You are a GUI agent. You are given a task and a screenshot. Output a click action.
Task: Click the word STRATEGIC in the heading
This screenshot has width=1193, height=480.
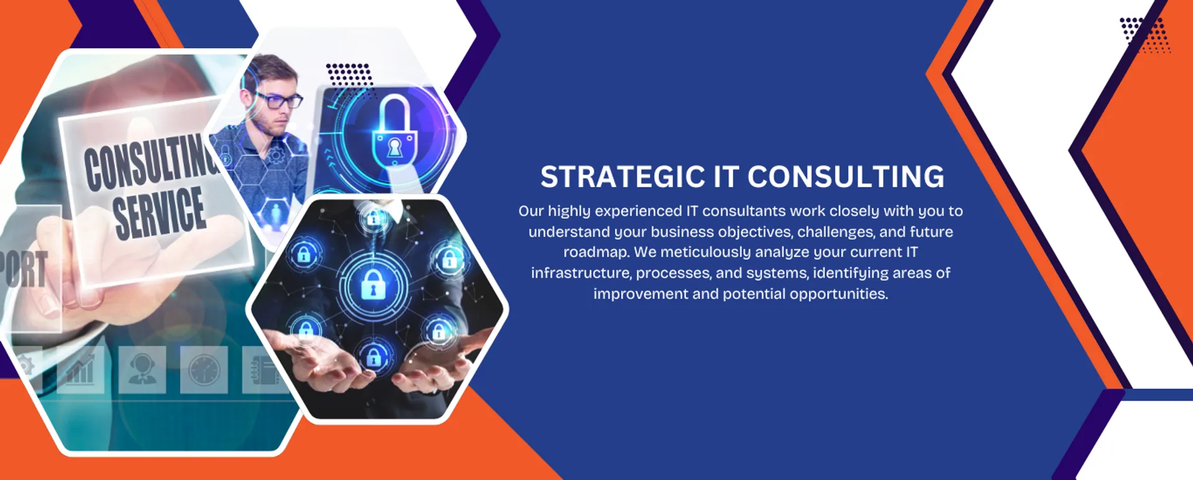click(x=623, y=177)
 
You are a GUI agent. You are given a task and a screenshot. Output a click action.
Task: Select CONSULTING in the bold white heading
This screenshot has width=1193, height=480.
click(x=846, y=177)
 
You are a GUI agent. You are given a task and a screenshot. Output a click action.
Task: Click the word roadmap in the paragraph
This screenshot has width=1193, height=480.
click(x=596, y=253)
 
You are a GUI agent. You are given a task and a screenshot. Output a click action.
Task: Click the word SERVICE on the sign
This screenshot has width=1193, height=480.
click(x=160, y=214)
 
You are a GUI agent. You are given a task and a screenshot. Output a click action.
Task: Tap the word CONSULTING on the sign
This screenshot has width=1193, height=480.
click(x=152, y=161)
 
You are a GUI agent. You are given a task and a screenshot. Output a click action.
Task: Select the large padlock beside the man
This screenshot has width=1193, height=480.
click(x=393, y=131)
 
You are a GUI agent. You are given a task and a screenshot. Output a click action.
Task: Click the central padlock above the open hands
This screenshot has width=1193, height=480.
click(x=373, y=285)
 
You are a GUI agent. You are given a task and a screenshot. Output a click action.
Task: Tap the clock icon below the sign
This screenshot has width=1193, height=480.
click(x=204, y=370)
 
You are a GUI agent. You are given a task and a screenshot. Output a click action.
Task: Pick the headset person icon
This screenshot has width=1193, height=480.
click(x=142, y=370)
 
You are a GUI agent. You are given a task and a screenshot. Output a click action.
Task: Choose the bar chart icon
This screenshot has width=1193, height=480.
click(x=80, y=370)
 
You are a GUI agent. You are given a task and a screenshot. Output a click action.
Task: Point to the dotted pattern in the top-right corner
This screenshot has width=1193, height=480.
click(x=1145, y=35)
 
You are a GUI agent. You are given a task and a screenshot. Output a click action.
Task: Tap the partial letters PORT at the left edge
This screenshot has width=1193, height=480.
click(x=24, y=269)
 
